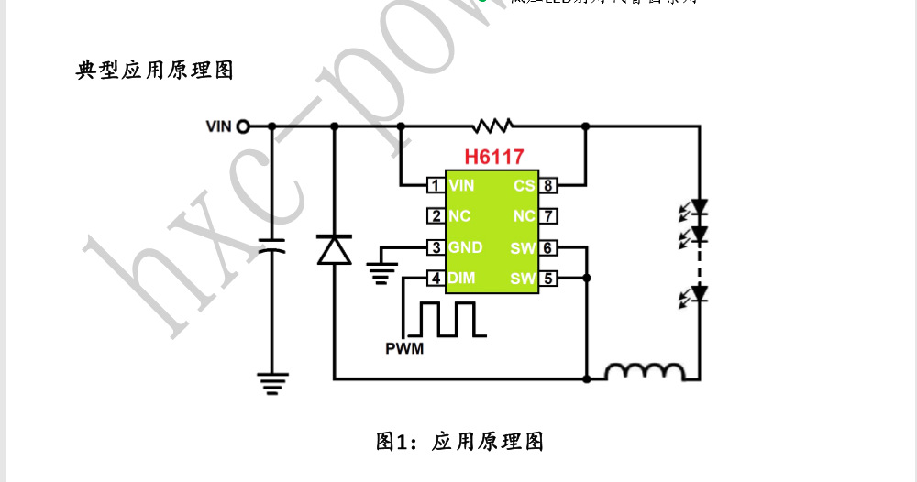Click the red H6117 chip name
[493, 157]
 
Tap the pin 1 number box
[436, 186]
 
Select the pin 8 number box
[547, 186]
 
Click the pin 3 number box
[436, 247]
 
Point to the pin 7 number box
[547, 216]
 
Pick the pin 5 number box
[547, 278]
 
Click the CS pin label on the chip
[524, 186]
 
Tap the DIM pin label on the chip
[462, 278]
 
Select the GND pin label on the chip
[465, 247]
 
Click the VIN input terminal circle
[243, 126]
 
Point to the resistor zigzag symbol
[492, 126]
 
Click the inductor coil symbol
[645, 371]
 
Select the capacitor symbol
[271, 245]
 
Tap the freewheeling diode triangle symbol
[334, 249]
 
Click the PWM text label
[404, 348]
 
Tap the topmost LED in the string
[699, 208]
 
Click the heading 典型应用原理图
[155, 71]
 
